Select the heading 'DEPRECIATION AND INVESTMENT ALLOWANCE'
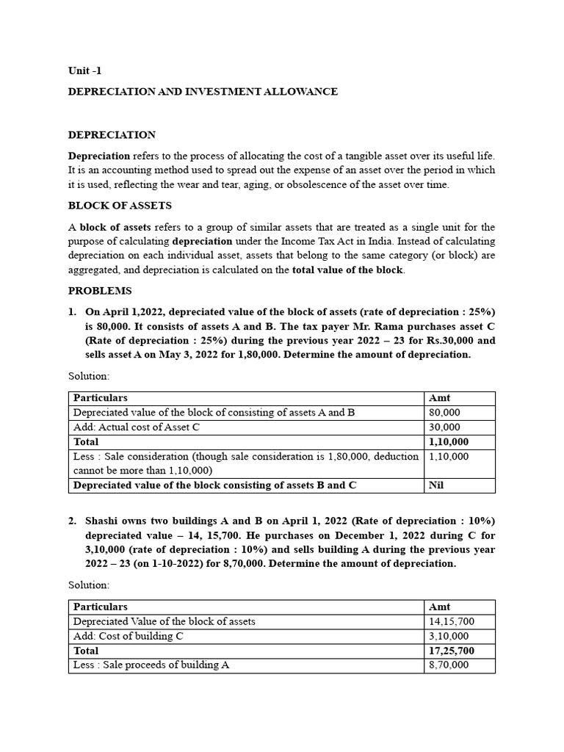[x=203, y=92]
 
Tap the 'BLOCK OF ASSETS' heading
[x=120, y=206]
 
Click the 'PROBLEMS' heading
[x=100, y=291]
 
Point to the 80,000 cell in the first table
[x=444, y=413]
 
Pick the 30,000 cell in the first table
[x=444, y=427]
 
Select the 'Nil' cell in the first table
[x=435, y=485]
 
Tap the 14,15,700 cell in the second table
[x=451, y=621]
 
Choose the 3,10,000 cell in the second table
[x=448, y=636]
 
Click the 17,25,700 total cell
[x=451, y=651]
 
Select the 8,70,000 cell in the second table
[x=448, y=665]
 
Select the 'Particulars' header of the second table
[x=101, y=607]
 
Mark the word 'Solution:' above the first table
[x=89, y=376]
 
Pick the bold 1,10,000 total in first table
[x=447, y=442]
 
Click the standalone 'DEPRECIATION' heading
[x=112, y=135]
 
